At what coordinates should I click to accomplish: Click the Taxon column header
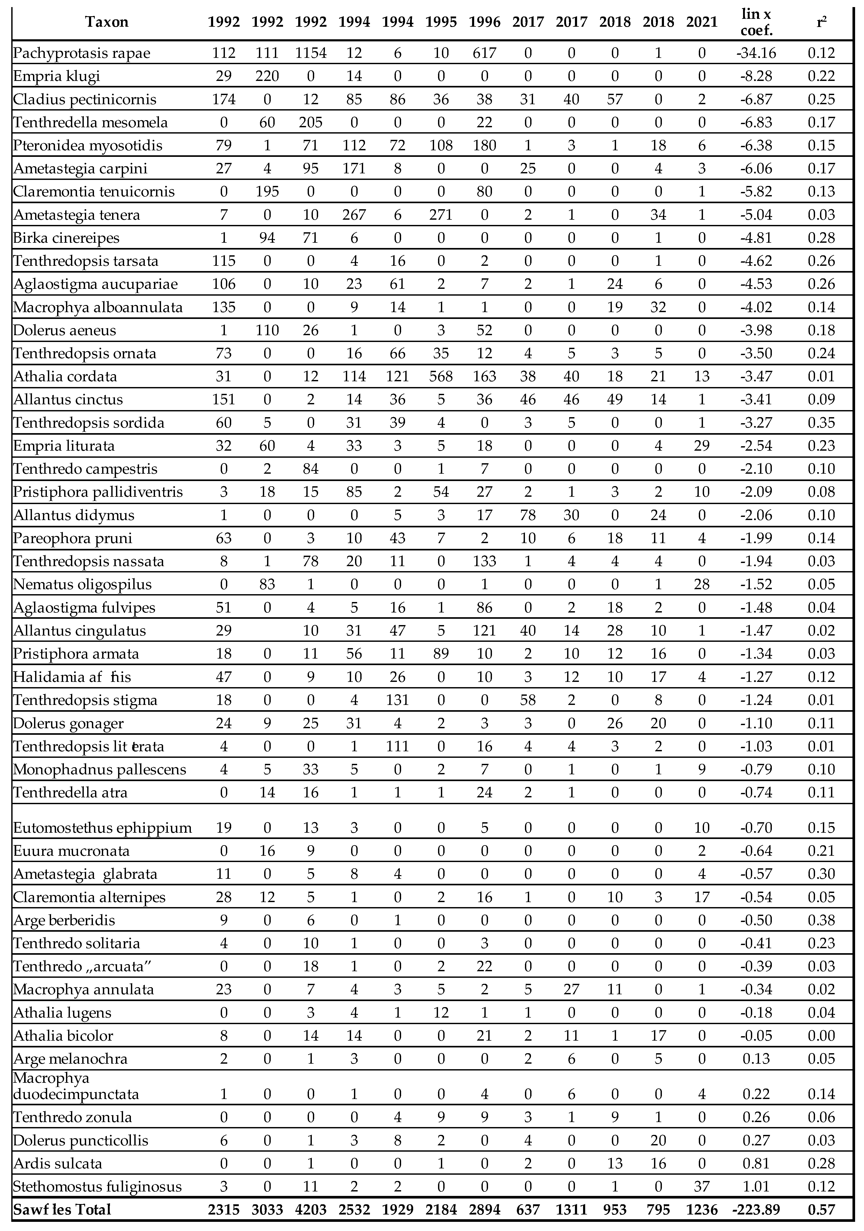click(x=107, y=22)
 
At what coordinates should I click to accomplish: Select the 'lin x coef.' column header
click(x=756, y=22)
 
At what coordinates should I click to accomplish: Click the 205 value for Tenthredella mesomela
click(x=311, y=122)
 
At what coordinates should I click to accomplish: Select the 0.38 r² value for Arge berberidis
click(x=821, y=920)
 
